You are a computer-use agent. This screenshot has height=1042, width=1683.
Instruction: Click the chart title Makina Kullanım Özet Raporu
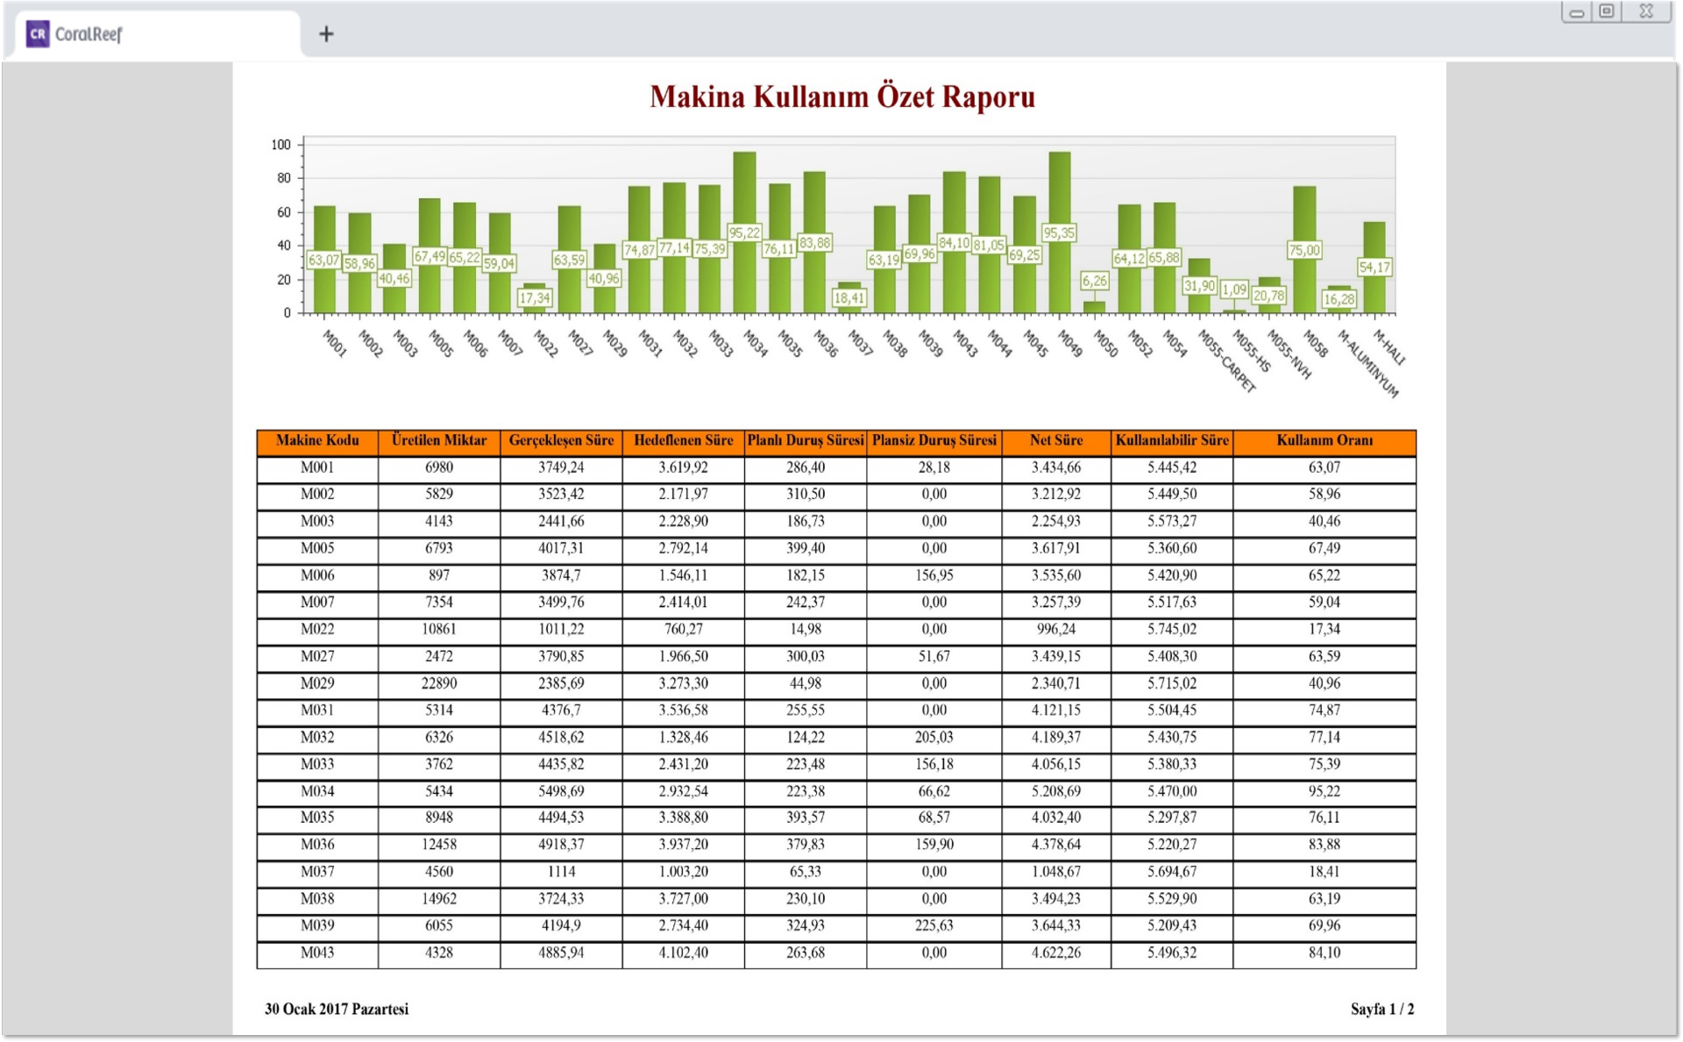coord(841,96)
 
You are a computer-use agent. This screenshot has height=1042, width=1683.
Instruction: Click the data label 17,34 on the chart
coord(534,298)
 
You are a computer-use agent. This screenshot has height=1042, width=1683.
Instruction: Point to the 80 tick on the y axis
coord(283,178)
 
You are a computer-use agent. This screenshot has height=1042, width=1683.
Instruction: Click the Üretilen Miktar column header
coord(439,441)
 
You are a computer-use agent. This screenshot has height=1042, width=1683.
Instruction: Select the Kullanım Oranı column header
coord(1324,441)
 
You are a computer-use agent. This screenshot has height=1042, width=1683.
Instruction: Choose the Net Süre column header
coord(1055,441)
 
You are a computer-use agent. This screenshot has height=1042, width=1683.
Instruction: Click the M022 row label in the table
coord(317,630)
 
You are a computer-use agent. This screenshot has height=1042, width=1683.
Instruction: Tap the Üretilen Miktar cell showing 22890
coord(439,683)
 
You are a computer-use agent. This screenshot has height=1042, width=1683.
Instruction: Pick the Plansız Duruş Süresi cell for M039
coord(934,926)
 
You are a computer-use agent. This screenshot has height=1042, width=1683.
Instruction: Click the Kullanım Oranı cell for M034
coord(1324,791)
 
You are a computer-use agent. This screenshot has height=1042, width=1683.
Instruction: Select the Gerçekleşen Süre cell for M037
coord(561,872)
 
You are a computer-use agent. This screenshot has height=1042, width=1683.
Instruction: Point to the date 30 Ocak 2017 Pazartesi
coord(337,1010)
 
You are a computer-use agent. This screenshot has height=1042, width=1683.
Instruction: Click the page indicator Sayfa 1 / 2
coord(1381,1010)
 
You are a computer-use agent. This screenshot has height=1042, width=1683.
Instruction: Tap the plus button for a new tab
coord(326,34)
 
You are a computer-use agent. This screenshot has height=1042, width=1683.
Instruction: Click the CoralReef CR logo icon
coord(38,34)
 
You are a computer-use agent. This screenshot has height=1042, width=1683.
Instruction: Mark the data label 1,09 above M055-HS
coord(1233,289)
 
